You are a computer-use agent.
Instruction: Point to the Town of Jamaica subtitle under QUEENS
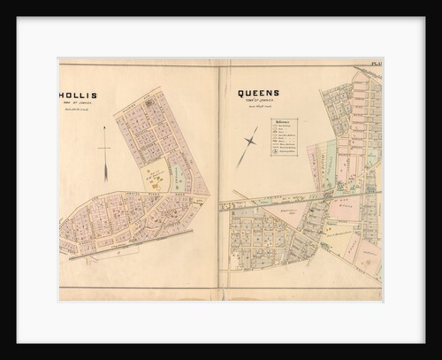(x=257, y=102)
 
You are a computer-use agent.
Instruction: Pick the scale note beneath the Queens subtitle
(x=257, y=107)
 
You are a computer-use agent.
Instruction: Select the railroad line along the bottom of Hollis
(x=133, y=236)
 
